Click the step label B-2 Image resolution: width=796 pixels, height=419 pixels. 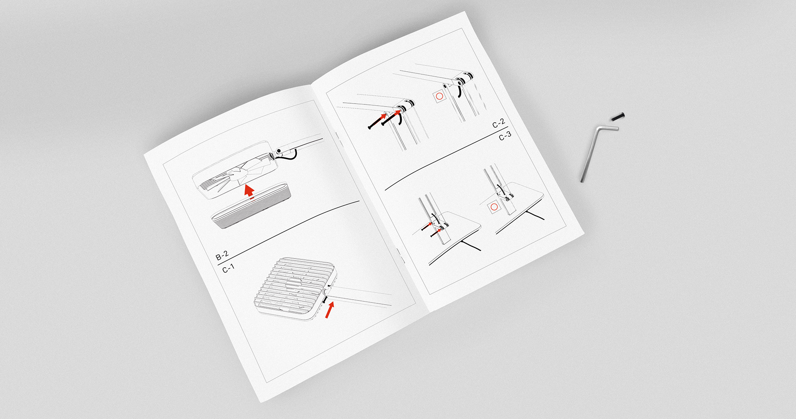coord(222,256)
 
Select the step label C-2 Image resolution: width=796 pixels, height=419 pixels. coord(498,123)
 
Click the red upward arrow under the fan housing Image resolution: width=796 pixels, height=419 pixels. coord(249,191)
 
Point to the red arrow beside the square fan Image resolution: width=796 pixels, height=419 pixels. coord(330,310)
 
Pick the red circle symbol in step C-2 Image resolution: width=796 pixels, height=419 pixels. coord(439,96)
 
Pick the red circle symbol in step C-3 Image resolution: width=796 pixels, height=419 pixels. coord(494,206)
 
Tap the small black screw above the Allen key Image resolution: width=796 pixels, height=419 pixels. coord(618,117)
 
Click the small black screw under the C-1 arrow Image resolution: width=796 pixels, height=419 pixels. coord(325,299)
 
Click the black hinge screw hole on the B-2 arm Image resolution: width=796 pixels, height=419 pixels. coord(279,150)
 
